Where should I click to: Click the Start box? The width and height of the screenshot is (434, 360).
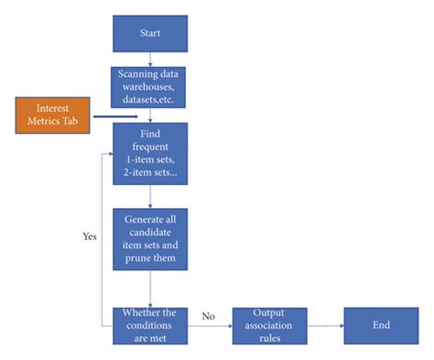click(x=150, y=34)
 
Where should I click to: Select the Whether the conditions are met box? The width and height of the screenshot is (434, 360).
click(x=150, y=325)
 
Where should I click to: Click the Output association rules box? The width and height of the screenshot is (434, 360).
click(x=269, y=325)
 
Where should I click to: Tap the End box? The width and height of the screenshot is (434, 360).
click(x=381, y=324)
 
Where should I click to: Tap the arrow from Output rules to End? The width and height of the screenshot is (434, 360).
click(x=325, y=325)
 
